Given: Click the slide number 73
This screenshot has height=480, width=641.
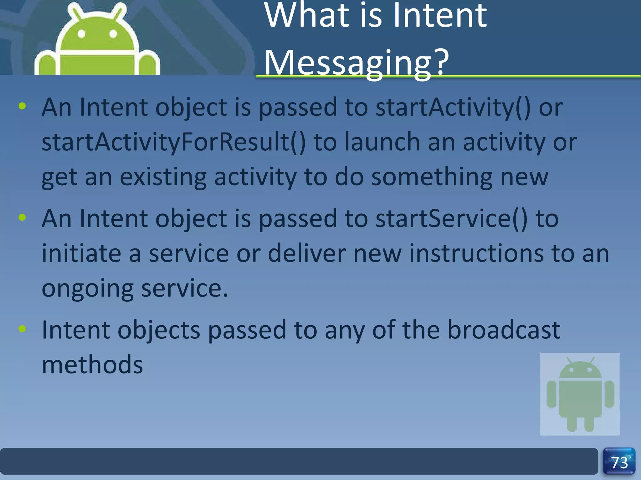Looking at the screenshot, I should coord(619,463).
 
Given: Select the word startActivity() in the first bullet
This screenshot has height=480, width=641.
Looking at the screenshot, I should coord(453,107).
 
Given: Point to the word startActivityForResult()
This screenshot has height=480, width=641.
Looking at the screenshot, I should coord(174,142).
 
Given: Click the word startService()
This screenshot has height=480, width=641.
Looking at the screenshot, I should coord(451,219).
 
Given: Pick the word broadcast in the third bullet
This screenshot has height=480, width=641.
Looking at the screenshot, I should coord(504,330).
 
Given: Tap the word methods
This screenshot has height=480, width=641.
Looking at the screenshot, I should coord(92,365).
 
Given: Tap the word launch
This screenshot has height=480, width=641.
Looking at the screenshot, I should coord(382,142).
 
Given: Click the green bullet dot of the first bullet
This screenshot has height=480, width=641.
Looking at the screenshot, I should coord(22,106).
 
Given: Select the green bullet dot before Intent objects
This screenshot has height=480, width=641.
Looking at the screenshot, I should coord(22,329).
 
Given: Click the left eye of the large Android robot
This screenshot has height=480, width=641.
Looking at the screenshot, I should coord(81,33).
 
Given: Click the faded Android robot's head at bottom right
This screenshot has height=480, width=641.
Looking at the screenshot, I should coord(580,370).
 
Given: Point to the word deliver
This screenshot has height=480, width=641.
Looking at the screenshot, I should coord(307,253).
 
